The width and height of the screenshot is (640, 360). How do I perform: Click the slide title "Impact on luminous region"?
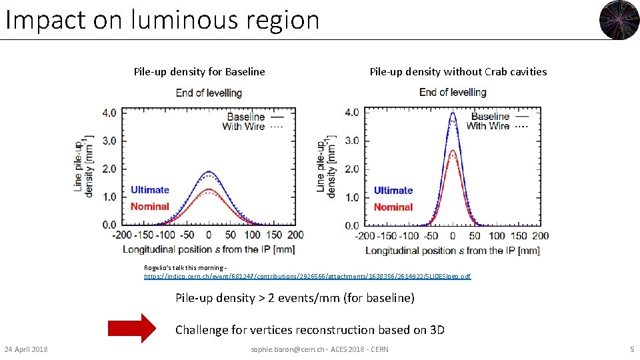pyautogui.click(x=163, y=20)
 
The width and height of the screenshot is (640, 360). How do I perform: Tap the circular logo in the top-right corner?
pyautogui.click(x=619, y=20)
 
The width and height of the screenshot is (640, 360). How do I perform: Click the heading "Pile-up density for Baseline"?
pyautogui.click(x=199, y=72)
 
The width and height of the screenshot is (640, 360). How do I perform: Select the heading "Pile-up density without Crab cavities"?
pyautogui.click(x=458, y=72)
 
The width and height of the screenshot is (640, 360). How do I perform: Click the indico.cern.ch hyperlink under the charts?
pyautogui.click(x=307, y=276)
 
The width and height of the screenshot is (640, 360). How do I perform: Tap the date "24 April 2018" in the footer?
pyautogui.click(x=26, y=349)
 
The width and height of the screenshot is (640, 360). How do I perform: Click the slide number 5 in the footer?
pyautogui.click(x=631, y=349)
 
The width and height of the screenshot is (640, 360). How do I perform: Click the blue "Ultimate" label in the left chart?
pyautogui.click(x=150, y=190)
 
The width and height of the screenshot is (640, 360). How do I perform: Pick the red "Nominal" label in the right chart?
pyautogui.click(x=393, y=207)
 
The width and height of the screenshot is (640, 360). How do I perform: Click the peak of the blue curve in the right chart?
pyautogui.click(x=453, y=113)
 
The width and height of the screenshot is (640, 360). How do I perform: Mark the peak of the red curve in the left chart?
pyautogui.click(x=209, y=189)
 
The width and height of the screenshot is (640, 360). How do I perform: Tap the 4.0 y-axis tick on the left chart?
pyautogui.click(x=109, y=113)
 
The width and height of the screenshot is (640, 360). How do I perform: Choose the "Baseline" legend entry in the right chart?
pyautogui.click(x=490, y=117)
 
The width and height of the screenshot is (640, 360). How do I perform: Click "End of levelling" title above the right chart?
pyautogui.click(x=453, y=92)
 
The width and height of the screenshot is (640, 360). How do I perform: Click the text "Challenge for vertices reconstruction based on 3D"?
pyautogui.click(x=310, y=329)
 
